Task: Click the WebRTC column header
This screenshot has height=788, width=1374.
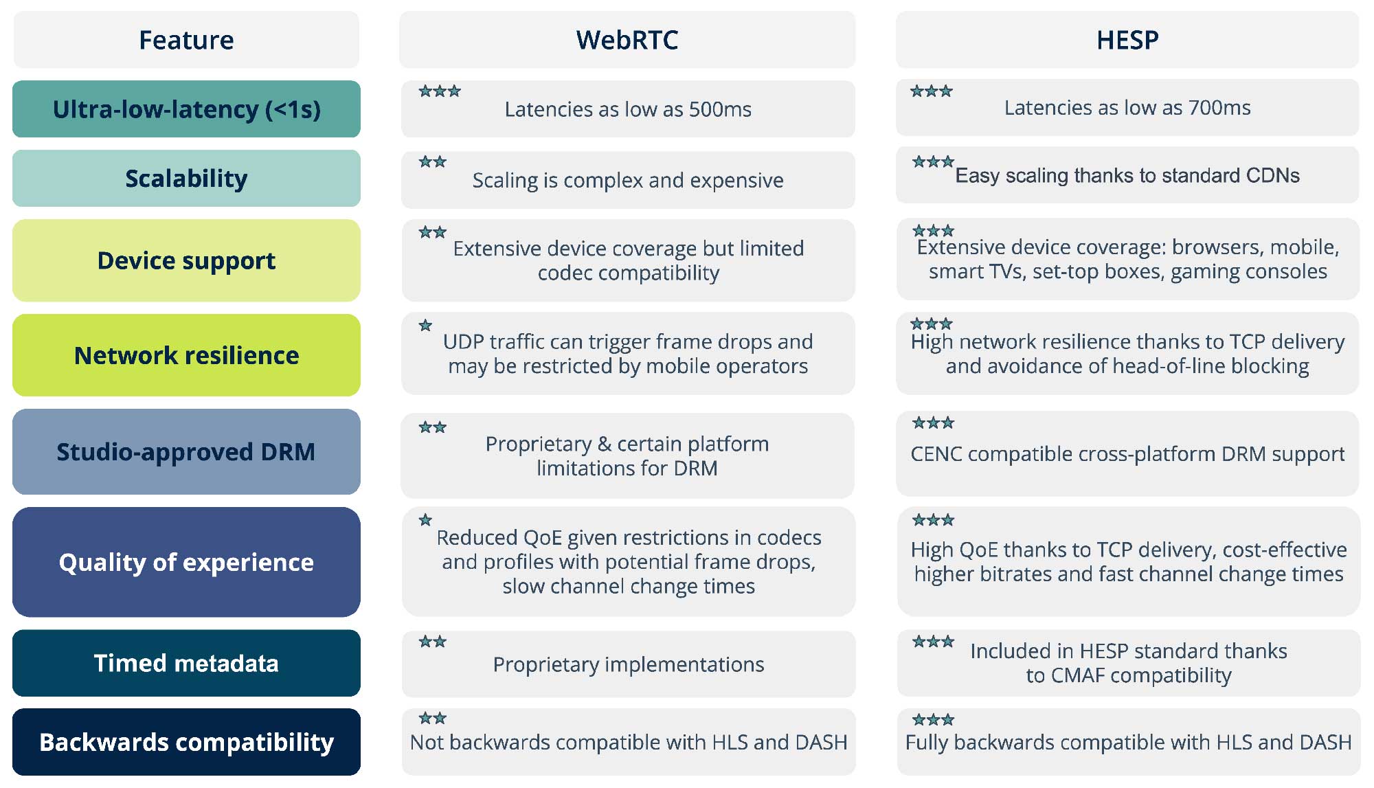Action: pos(627,40)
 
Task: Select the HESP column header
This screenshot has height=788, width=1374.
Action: pos(1127,40)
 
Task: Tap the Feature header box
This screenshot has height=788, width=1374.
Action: pos(186,40)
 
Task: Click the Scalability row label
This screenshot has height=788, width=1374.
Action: pos(186,179)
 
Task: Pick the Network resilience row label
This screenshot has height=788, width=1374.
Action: pos(186,355)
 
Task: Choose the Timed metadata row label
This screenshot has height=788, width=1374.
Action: pos(186,663)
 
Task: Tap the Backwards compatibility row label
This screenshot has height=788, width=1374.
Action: pos(186,742)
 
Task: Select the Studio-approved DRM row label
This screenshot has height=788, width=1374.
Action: pos(186,452)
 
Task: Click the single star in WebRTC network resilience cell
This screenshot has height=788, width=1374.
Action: pos(426,325)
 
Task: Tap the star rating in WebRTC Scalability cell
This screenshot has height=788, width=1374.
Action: pos(433,162)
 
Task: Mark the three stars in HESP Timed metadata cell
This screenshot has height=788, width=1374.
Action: pos(933,642)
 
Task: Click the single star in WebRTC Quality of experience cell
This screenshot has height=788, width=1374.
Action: pos(426,520)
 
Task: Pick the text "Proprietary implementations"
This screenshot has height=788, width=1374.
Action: pos(629,665)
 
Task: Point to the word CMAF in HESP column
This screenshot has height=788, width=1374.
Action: pos(1077,675)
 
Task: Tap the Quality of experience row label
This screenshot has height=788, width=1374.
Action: pos(186,562)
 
